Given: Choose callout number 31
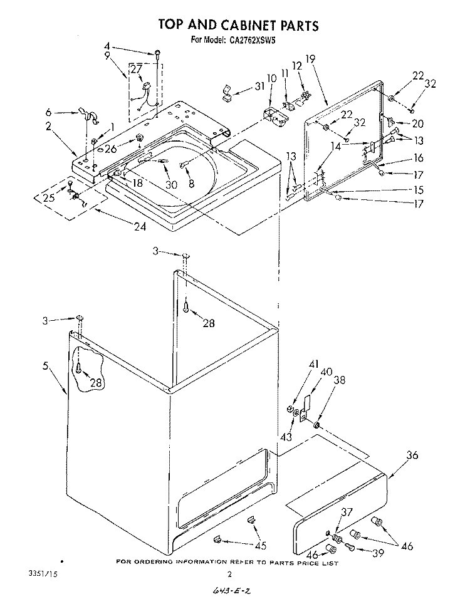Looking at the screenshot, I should pos(259,87).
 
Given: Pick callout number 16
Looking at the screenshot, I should pos(418,159).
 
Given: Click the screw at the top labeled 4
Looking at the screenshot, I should pos(158,53).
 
